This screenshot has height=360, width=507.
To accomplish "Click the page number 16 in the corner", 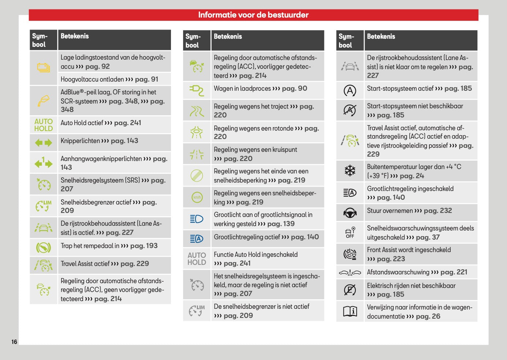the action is point(14,342).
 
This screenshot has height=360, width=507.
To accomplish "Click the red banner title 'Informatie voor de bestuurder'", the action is point(253,15).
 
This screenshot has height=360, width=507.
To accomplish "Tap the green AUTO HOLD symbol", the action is point(44,125).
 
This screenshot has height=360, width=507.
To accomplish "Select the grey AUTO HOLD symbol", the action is point(197,259).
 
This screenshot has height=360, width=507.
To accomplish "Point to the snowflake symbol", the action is point(350,171).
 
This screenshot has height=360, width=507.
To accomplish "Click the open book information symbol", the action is point(350,311).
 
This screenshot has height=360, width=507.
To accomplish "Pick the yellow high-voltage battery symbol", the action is point(44,68).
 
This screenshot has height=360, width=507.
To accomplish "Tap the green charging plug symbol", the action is point(197,90).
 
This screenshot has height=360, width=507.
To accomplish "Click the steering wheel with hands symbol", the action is point(350,213).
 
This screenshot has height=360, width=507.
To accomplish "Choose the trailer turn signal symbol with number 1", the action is point(44,162).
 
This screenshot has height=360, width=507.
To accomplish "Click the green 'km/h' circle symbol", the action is point(197,197).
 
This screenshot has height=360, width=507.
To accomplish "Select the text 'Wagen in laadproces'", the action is point(242,89).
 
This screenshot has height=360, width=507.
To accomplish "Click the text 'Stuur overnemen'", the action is point(390,211).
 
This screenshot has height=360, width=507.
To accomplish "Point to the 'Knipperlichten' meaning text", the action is point(80,141).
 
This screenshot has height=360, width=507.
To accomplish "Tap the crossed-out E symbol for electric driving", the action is point(350,290).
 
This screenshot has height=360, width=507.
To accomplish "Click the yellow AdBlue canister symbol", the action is point(44,101).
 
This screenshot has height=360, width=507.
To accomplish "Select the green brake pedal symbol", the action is point(44,247).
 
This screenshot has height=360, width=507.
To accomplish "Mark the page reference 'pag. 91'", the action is point(146,79).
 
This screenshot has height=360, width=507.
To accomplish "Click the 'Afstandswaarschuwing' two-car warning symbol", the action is point(350,273).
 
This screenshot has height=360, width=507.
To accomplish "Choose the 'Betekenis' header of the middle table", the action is point(228,37).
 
